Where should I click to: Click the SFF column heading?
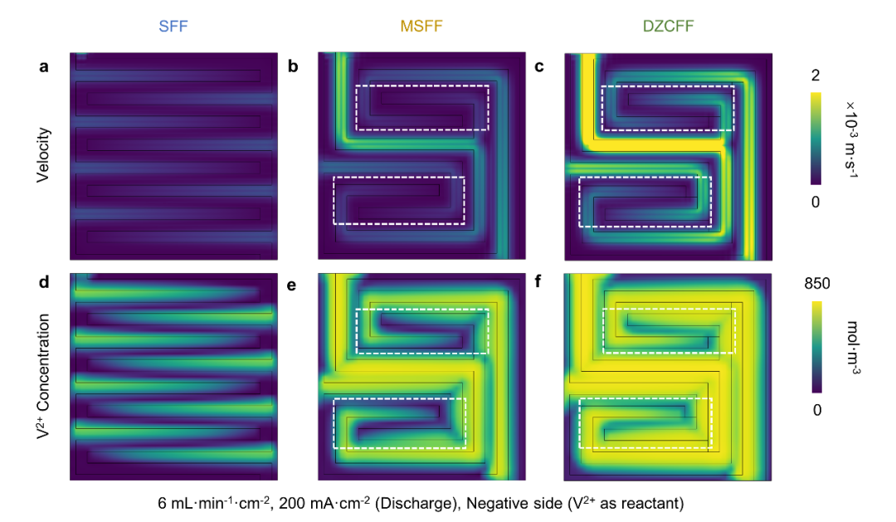tap(174, 27)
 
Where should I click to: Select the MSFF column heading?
tap(421, 27)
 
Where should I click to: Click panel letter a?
tap(43, 66)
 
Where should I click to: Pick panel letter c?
tap(539, 66)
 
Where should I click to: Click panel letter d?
tap(43, 281)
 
